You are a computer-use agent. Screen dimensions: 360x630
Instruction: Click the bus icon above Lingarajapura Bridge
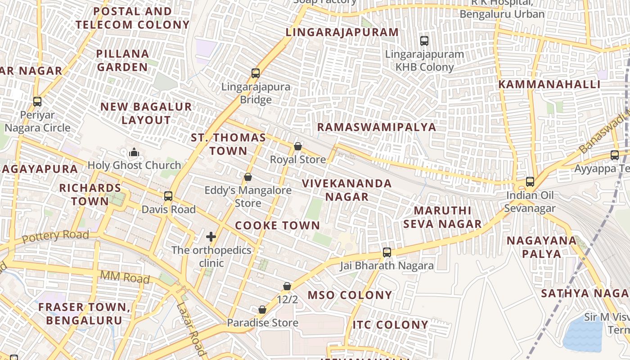[256, 73]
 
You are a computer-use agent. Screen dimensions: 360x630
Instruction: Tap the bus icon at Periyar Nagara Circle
[37, 102]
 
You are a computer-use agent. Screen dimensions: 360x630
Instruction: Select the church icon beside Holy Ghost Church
[134, 153]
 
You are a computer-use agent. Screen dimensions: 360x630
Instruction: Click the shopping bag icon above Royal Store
[297, 146]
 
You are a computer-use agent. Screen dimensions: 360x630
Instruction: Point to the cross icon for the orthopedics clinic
[211, 237]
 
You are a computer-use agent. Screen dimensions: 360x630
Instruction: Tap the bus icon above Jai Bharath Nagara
[387, 252]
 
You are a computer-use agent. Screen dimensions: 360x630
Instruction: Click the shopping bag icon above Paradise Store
[262, 310]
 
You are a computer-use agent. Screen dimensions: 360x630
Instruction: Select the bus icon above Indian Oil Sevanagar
[530, 182]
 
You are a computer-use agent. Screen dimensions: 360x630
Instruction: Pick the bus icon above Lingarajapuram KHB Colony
[424, 41]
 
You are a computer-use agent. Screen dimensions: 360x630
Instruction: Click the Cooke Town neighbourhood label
[277, 226]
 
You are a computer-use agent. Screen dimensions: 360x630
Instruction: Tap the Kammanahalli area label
[549, 85]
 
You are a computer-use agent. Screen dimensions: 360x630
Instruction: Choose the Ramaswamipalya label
[377, 127]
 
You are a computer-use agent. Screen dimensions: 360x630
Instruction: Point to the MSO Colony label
[350, 295]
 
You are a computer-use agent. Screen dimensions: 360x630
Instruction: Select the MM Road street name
[125, 278]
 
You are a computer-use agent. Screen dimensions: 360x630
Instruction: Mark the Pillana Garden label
[122, 60]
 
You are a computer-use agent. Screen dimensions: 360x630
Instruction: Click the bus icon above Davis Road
[168, 196]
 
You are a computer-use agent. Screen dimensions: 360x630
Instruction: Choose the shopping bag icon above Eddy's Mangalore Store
[247, 177]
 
